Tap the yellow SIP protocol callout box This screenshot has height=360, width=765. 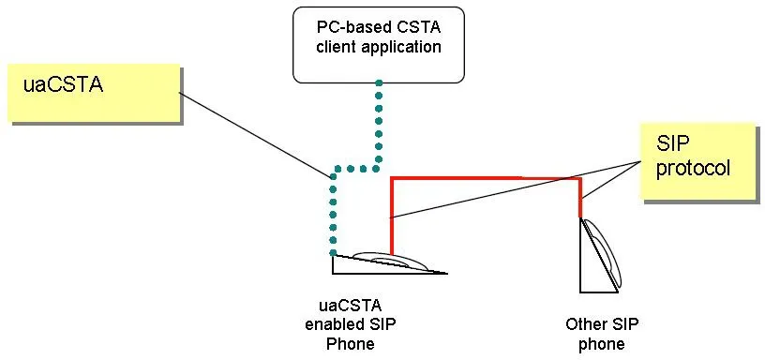tap(697, 161)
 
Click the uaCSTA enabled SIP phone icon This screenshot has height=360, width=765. tap(388, 262)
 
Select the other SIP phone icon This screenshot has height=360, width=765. tap(600, 259)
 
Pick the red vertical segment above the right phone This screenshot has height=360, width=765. tap(580, 197)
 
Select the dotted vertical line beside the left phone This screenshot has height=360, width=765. tap(332, 216)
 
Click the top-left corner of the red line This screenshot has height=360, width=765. tap(392, 178)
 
